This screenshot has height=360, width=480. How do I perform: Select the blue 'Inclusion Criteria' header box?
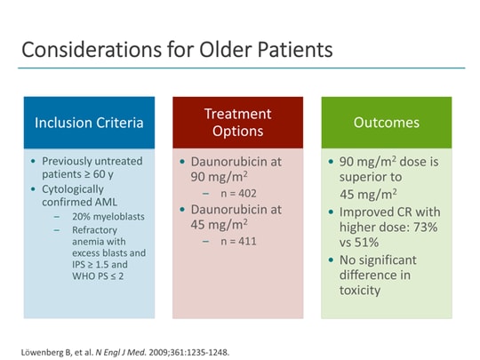pos(88,123)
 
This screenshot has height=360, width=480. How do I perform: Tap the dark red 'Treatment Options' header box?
pos(237,123)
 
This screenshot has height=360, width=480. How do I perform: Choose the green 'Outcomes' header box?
pos(386,123)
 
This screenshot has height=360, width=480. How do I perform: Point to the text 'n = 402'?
pos(232,193)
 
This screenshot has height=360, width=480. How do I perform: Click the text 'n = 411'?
pos(232,241)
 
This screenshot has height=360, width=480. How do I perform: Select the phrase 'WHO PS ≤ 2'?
pos(99,276)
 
